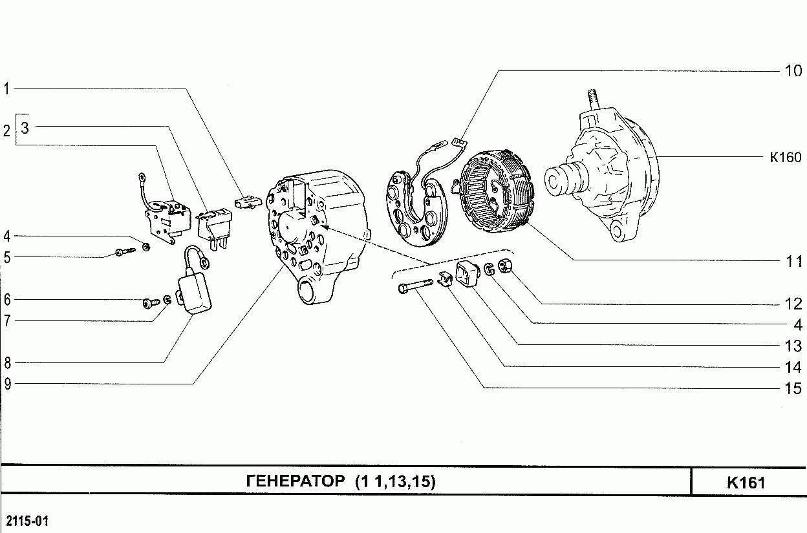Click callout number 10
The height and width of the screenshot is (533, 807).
pyautogui.click(x=793, y=71)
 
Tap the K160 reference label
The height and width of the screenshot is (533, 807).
pyautogui.click(x=786, y=157)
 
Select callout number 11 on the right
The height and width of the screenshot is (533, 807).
pyautogui.click(x=794, y=261)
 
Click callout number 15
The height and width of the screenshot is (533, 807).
pyautogui.click(x=793, y=388)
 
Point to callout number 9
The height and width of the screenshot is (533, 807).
pyautogui.click(x=8, y=384)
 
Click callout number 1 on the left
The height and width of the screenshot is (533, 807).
pyautogui.click(x=6, y=89)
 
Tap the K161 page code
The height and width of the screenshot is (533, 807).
pyautogui.click(x=746, y=483)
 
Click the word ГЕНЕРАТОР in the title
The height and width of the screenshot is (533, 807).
pyautogui.click(x=296, y=481)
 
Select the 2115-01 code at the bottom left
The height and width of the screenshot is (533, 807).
pyautogui.click(x=27, y=521)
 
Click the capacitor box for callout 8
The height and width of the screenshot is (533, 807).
pyautogui.click(x=194, y=292)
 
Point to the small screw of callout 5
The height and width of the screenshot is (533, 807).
pyautogui.click(x=125, y=251)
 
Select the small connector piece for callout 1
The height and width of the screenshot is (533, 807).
pyautogui.click(x=248, y=203)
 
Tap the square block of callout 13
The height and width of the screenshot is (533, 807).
pyautogui.click(x=468, y=275)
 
